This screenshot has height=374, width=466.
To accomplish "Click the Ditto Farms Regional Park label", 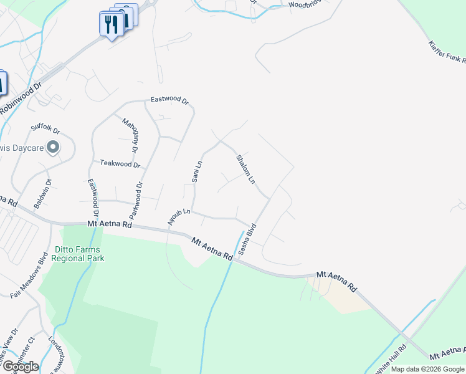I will click(78, 253).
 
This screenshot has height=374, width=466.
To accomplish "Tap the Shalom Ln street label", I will click(245, 168).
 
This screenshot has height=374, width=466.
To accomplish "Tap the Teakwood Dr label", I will click(120, 164).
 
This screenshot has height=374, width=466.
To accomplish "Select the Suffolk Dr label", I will click(47, 131).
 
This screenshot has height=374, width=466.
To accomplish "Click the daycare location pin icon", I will click(53, 148).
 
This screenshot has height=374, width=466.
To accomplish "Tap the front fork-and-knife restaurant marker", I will click(110, 24).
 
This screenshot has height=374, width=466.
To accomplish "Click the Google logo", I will click(21, 367).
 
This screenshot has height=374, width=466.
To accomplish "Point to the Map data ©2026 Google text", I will click(427, 369).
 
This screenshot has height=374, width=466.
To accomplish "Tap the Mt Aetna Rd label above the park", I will click(110, 224).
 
